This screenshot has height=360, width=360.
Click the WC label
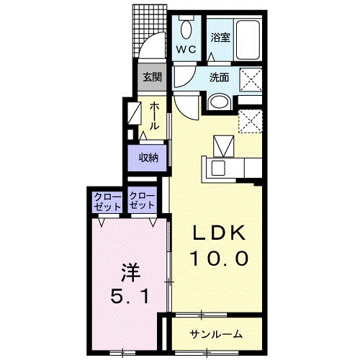(186, 50)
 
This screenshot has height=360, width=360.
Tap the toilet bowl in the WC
(186, 30)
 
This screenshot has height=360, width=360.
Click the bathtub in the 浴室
(248, 40)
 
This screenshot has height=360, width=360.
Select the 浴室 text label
(220, 37)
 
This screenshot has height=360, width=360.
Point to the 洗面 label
(219, 78)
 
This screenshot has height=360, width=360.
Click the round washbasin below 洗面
(219, 102)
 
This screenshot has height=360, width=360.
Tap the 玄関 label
(152, 77)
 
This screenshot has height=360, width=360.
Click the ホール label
(155, 116)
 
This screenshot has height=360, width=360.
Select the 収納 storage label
(149, 158)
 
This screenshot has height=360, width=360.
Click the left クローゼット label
(107, 202)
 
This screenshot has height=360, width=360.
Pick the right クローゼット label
(142, 201)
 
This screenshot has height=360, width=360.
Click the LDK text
(220, 233)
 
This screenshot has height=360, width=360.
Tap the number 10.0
(219, 258)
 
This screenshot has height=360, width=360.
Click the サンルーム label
(216, 334)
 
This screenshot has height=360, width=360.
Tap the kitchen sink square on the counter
(218, 168)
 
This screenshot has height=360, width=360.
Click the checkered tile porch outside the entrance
(149, 30)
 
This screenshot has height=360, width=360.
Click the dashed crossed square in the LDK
(250, 121)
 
